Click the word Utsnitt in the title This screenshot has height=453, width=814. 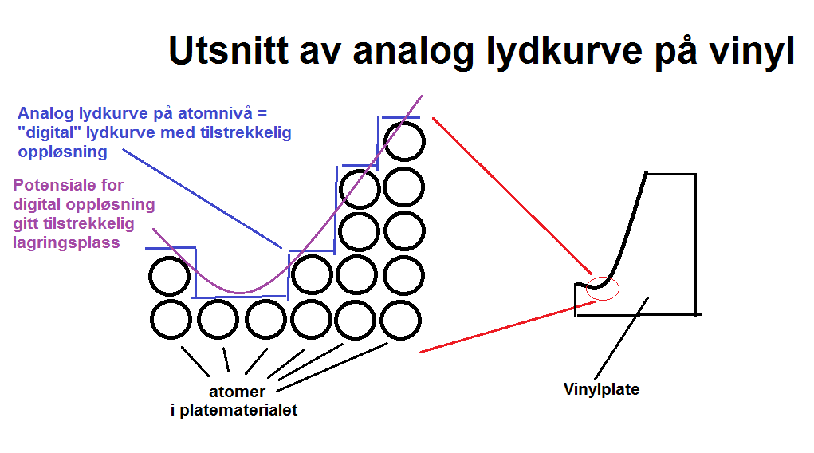229,51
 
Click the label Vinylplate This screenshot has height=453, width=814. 601,389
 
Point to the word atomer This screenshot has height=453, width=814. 237,391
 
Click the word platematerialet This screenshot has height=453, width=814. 238,410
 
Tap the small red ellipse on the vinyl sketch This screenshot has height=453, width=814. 603,289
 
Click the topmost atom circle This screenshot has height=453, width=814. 404,141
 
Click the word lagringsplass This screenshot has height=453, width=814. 66,242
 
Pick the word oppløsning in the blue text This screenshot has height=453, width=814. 63,152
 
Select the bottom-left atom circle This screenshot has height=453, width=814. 171,320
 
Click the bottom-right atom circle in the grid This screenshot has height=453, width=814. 400,320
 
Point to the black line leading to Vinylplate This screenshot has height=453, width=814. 621,339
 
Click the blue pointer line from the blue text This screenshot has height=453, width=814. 203,199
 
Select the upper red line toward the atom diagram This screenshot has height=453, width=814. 513,196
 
